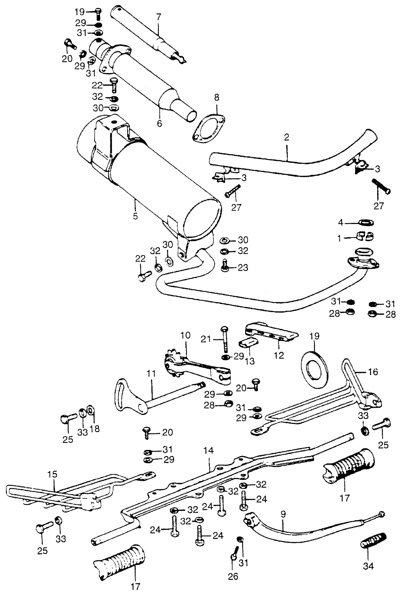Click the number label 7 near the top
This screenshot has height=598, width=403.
(159, 17)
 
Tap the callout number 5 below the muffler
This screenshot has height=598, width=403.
(135, 216)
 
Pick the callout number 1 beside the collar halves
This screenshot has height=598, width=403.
(339, 238)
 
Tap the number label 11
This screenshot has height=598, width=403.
(151, 373)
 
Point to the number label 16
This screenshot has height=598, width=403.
(373, 372)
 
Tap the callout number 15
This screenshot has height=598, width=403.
(52, 474)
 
